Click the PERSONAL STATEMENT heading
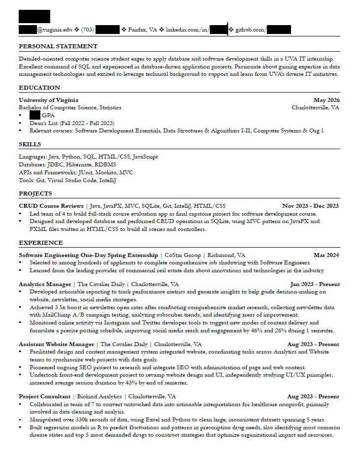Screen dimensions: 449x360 (58, 46)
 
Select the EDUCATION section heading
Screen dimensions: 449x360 (39, 88)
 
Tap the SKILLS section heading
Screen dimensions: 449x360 (30, 144)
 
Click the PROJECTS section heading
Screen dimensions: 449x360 (35, 193)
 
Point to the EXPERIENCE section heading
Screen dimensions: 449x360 (41, 243)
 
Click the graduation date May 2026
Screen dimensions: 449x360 (326, 100)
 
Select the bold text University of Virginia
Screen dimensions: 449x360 (48, 100)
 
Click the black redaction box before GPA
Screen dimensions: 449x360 (34, 115)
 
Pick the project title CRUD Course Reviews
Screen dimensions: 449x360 (51, 206)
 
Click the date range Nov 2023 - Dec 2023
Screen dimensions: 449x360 (310, 206)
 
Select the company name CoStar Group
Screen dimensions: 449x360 (182, 256)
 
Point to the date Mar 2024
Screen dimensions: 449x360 (326, 256)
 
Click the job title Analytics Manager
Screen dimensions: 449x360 (45, 285)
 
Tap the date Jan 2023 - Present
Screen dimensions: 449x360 (314, 285)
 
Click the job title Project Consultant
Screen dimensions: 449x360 (44, 397)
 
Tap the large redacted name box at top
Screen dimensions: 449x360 (34, 16)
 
